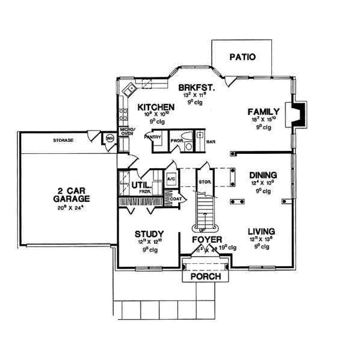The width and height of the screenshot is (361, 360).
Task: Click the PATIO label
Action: click(243, 57)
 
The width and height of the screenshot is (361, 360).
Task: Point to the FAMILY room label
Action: click(263, 111)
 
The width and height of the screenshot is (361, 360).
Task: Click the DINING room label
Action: click(262, 175)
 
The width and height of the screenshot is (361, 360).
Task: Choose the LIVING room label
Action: click(261, 231)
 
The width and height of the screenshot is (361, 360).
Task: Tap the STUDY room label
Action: click(149, 234)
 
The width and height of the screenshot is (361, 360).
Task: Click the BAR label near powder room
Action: click(211, 143)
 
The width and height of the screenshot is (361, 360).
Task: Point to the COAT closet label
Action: click(175, 199)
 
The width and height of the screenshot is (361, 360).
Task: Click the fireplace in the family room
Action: click(299, 112)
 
